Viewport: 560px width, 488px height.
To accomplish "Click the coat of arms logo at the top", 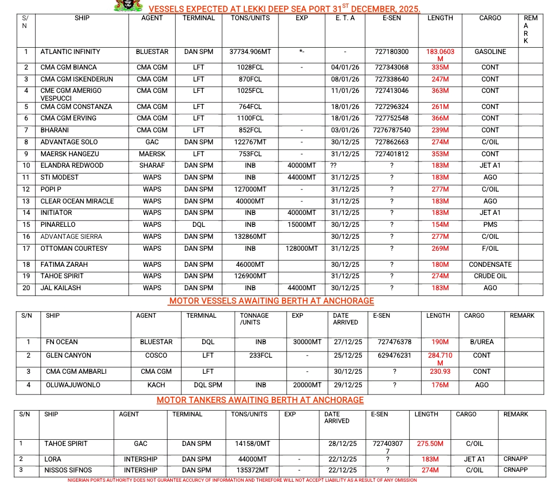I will coord(129,5).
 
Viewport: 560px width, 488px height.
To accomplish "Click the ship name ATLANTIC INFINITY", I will coord(71,52).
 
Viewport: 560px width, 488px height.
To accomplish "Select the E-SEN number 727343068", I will coord(391,67).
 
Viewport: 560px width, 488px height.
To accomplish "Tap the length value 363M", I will coord(440,91).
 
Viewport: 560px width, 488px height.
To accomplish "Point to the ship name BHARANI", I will coord(55,130).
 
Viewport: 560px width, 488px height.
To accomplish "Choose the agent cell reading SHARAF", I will coord(152,166).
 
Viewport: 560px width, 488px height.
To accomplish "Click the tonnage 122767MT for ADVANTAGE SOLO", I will coord(250,142).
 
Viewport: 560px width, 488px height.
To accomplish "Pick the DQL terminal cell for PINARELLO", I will coord(199,225).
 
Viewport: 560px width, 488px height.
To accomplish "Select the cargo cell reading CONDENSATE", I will coord(490,265).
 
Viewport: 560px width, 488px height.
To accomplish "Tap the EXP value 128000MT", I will coord(302,249).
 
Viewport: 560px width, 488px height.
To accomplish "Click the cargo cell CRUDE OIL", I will coord(490,276).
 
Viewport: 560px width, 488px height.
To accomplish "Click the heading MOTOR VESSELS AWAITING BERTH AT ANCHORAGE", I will coord(272,301).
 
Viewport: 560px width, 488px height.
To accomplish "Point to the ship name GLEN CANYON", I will coord(68,356).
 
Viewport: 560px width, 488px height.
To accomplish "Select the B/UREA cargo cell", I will coord(482,342).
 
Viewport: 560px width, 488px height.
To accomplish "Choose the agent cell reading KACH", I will coord(156,385).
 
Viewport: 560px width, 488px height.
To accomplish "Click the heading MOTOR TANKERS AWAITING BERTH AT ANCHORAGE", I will coord(260,400).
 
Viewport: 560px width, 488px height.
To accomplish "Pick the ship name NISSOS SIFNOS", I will coord(68,470).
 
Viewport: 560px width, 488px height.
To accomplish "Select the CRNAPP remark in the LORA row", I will coord(515,459).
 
